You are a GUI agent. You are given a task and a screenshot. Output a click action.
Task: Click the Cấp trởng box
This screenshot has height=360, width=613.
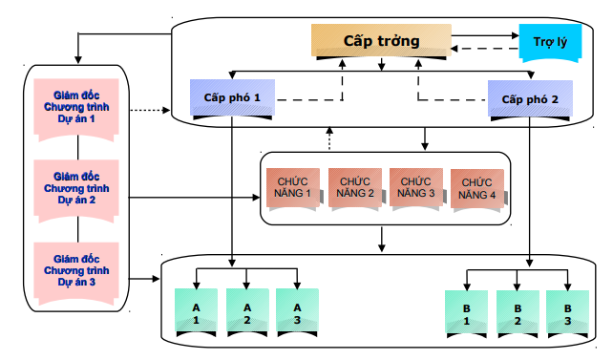381,41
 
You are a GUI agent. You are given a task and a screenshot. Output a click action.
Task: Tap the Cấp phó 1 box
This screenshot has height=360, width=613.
232,98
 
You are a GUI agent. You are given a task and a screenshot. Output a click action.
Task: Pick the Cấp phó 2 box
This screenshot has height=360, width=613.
530,99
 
